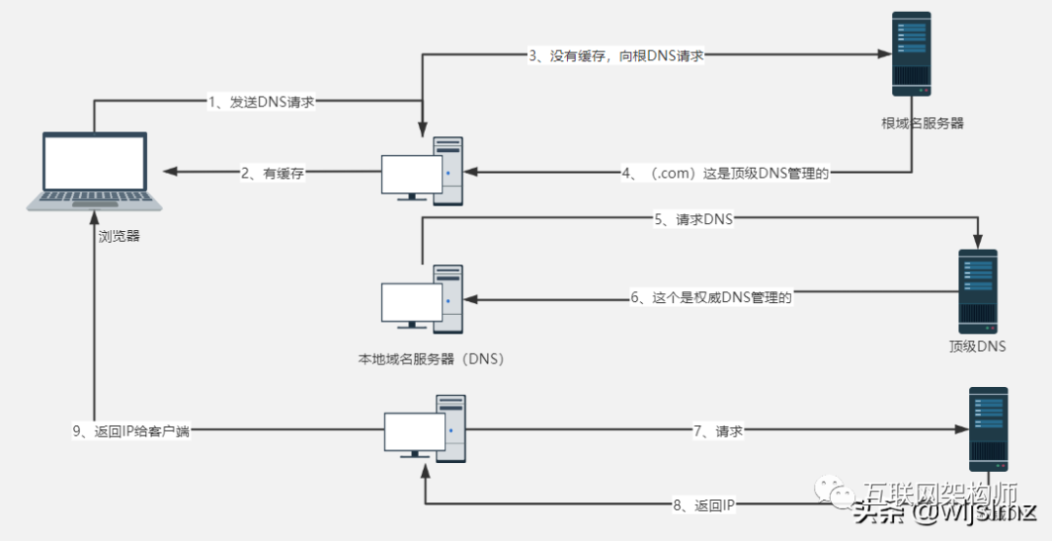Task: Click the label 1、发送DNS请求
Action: (x=261, y=102)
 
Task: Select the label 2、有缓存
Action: (x=273, y=173)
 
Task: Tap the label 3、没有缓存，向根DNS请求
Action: (x=616, y=56)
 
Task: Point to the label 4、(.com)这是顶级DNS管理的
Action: (x=725, y=173)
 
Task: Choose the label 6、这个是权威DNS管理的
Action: (x=710, y=297)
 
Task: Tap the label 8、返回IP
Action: (x=700, y=506)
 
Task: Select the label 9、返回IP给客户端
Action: (x=130, y=431)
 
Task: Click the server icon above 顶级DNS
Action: (x=977, y=290)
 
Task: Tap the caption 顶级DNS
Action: (x=977, y=346)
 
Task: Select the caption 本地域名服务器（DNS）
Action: (x=430, y=359)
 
